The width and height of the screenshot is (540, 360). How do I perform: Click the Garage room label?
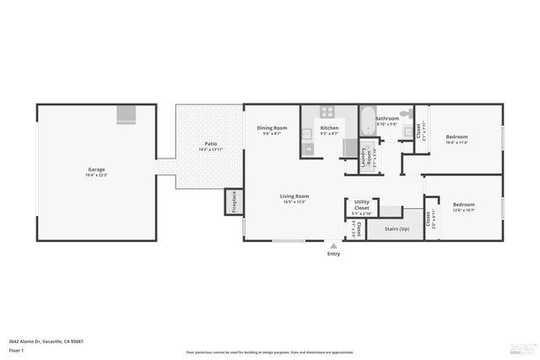[x=97, y=169]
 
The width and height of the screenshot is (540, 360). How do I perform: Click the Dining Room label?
[x=272, y=128]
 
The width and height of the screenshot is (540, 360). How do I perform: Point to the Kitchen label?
[x=329, y=128]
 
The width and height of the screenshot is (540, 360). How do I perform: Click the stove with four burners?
[x=328, y=112]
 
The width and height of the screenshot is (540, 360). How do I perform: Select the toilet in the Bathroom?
[x=404, y=113]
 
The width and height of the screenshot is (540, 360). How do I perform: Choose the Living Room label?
[x=294, y=196]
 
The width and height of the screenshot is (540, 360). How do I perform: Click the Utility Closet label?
[x=361, y=203]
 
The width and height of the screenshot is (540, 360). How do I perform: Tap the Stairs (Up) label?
[x=393, y=228]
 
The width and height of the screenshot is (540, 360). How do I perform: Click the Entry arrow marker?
[x=333, y=245]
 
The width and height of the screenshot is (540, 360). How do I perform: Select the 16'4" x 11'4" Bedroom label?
[x=456, y=137]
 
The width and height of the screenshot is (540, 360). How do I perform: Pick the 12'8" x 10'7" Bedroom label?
[x=463, y=205]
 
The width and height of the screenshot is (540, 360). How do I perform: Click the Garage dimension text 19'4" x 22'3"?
[x=97, y=175]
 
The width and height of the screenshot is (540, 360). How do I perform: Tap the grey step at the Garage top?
[x=126, y=115]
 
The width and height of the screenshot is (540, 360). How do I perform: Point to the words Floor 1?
[x=16, y=349]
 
